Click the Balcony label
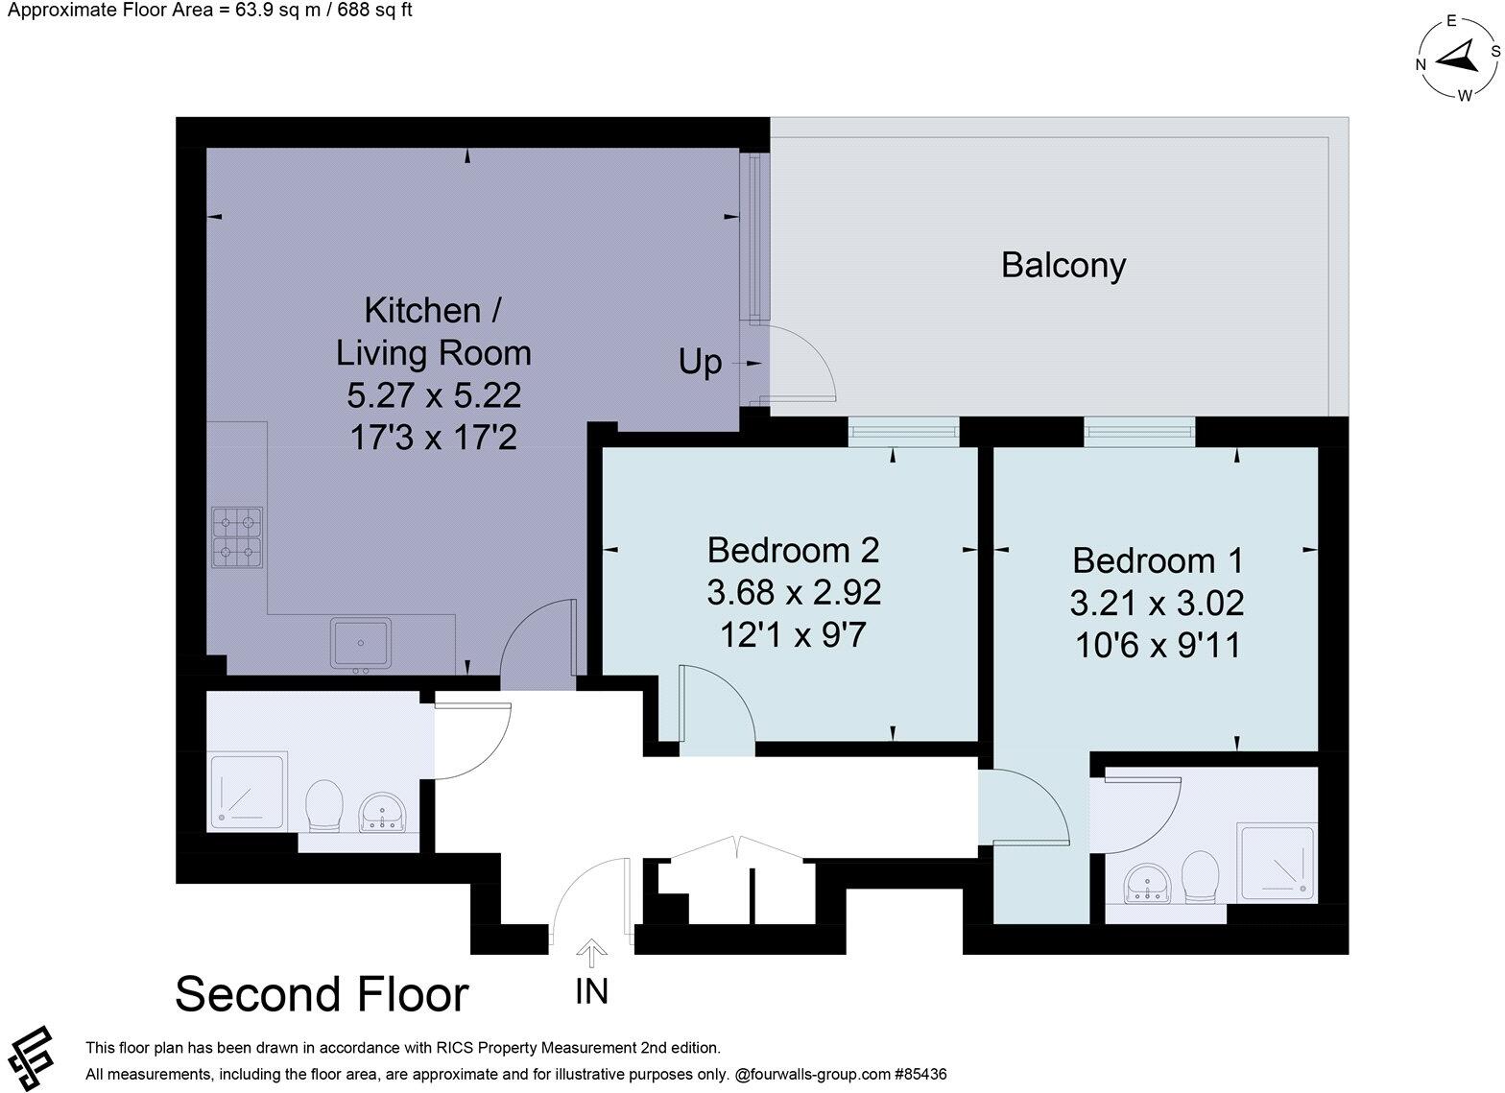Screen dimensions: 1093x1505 pos(1063,265)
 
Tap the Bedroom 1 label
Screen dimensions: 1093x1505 pos(1158,560)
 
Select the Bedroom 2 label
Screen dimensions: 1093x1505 pos(793,551)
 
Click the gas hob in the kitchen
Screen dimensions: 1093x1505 pos(237,535)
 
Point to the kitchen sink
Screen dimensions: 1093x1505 pos(361,642)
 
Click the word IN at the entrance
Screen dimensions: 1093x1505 pos(591,991)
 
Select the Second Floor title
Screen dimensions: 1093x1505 pos(322,994)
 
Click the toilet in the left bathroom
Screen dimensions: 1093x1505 pos(324,805)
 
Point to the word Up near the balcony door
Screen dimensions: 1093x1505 pos(700,363)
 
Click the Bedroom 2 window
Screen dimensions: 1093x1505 pos(903,432)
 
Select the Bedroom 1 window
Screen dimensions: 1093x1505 pos(1139,432)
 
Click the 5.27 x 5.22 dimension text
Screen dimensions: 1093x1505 pos(434,395)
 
